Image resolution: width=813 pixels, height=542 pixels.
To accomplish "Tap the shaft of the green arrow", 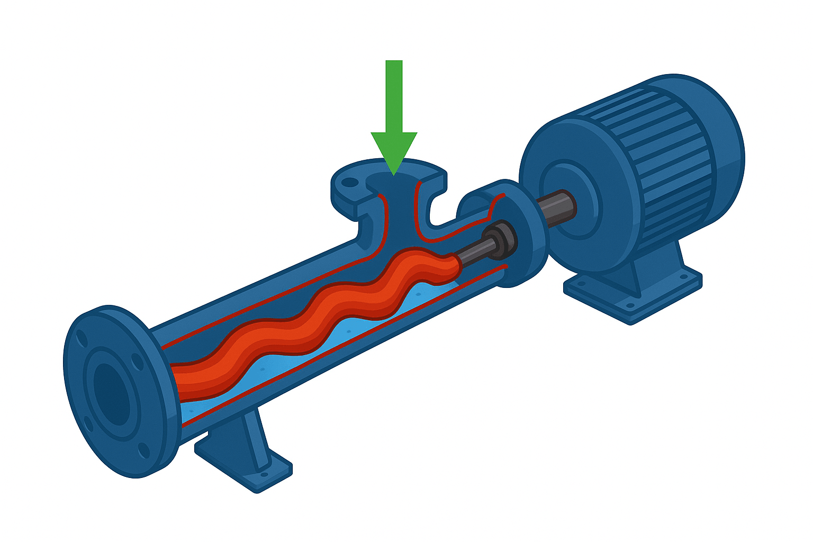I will click(x=394, y=95).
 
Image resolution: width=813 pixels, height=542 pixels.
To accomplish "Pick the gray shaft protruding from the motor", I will click(x=556, y=209).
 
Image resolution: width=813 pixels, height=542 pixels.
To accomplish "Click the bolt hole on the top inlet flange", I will click(x=349, y=183).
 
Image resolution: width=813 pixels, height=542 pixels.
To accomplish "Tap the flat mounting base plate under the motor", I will click(x=635, y=296).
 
